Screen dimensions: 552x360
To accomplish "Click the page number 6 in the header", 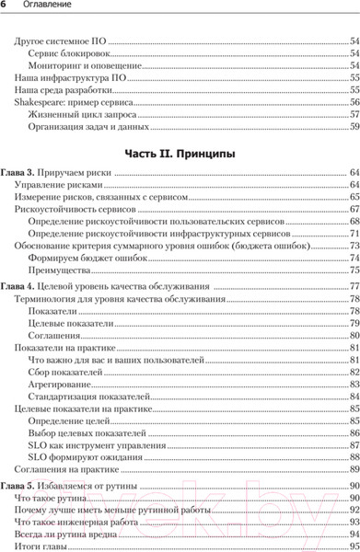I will tap(5, 7).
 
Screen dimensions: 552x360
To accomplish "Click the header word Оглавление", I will tap(47, 7).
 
